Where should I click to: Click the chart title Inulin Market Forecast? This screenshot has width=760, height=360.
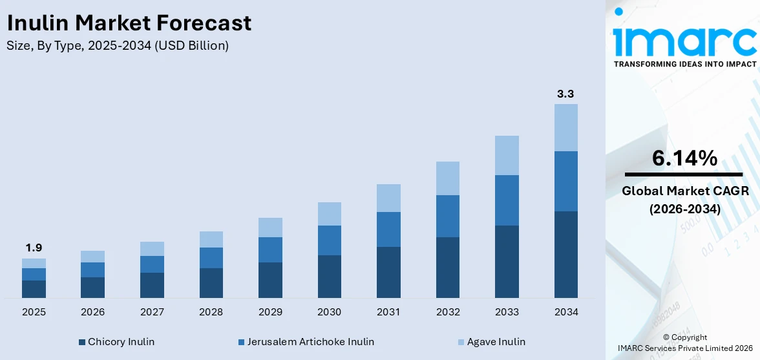pos(129,23)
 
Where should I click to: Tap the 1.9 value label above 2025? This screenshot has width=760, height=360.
pos(34,248)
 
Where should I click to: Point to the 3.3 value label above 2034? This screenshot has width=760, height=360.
pos(565,94)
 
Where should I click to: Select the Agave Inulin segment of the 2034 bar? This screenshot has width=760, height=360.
pos(565,127)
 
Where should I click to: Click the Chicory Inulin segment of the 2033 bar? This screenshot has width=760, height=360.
pos(507,261)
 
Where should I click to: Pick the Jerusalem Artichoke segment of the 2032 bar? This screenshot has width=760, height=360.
pos(448,216)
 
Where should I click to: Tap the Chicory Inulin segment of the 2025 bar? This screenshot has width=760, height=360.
pos(34,289)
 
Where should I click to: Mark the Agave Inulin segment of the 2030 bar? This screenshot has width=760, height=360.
pos(330,213)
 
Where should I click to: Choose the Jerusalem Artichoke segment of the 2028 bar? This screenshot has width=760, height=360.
pos(211,257)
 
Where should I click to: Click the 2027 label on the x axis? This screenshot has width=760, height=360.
pos(152,312)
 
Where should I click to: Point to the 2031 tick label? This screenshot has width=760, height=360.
pos(388,312)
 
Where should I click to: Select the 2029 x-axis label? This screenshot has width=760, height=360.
pos(270,312)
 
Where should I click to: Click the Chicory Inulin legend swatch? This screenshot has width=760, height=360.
pos(82,342)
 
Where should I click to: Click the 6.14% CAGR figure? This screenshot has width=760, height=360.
pos(684,158)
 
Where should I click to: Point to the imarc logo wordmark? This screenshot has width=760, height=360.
pos(684,40)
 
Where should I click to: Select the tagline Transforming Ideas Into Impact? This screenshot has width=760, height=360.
pos(684,64)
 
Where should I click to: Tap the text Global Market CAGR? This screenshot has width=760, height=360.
pos(684,191)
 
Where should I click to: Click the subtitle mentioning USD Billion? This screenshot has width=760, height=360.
pos(118,45)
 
